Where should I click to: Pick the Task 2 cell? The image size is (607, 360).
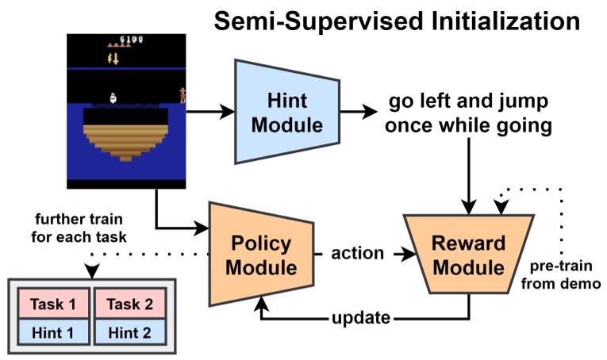pos(129,304)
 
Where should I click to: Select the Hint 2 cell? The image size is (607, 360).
pos(129,332)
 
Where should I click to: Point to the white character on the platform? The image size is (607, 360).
pos(114,97)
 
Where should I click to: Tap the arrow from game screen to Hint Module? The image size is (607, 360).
pos(207,113)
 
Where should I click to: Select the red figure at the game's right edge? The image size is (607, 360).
pos(183,94)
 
